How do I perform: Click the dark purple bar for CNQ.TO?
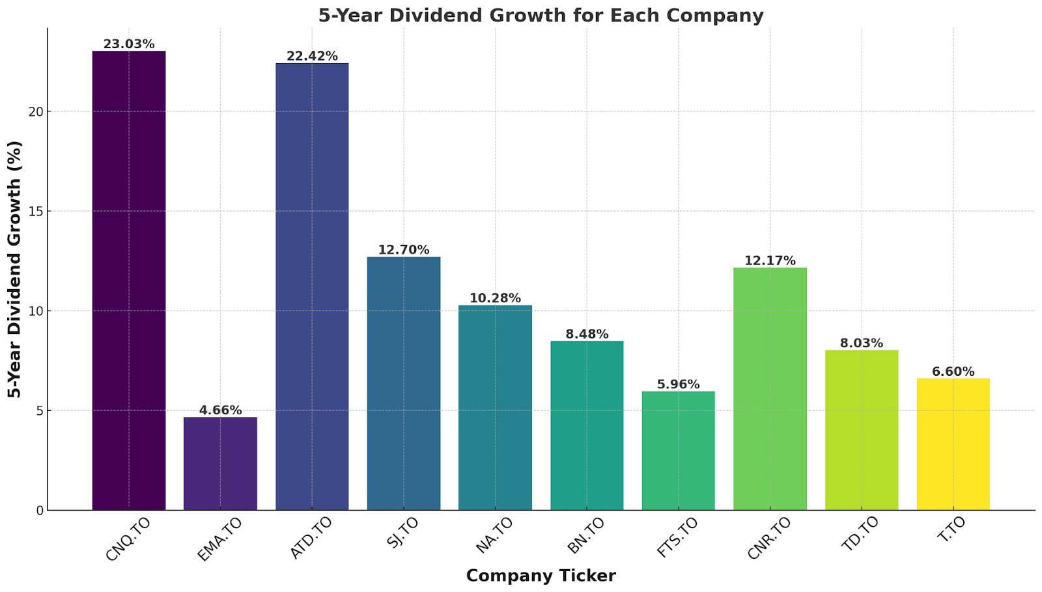click(x=128, y=280)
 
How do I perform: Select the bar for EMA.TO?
click(x=220, y=463)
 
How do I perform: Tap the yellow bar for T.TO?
click(x=953, y=444)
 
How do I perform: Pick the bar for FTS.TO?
click(x=678, y=450)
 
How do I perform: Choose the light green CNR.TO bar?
click(x=770, y=388)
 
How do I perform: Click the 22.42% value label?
click(x=312, y=56)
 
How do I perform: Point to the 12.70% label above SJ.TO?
click(x=403, y=249)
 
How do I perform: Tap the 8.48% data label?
click(x=587, y=334)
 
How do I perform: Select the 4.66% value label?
click(x=220, y=410)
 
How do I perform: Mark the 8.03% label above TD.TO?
click(x=861, y=343)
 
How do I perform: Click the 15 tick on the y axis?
click(x=36, y=212)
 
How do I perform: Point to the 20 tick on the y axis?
click(x=36, y=111)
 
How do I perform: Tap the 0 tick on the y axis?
click(x=40, y=511)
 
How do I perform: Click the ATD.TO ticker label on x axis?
click(x=311, y=538)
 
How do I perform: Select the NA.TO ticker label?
click(x=494, y=535)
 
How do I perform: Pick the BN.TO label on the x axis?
click(x=586, y=535)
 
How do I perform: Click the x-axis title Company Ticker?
click(x=541, y=576)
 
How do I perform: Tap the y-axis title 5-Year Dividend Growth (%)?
click(x=14, y=269)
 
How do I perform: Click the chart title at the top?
click(x=541, y=15)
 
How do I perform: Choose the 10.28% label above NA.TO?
click(x=495, y=298)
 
